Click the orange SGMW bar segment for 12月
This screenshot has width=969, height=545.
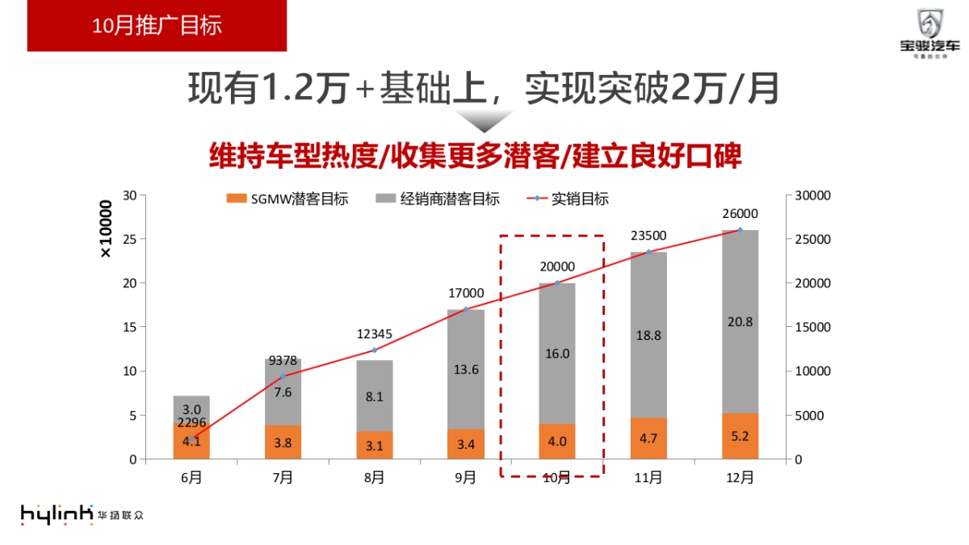(x=740, y=436)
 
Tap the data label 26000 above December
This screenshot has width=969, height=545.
(x=740, y=214)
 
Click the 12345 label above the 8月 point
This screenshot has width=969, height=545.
(x=374, y=333)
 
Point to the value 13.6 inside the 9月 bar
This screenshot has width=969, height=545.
(x=466, y=370)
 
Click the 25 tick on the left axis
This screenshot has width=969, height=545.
(x=129, y=239)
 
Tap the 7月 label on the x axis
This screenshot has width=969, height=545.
(x=283, y=477)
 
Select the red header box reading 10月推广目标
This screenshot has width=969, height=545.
(x=157, y=26)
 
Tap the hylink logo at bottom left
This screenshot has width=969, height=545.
(x=57, y=514)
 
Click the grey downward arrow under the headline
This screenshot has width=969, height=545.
(x=482, y=121)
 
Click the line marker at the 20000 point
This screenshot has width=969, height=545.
(x=557, y=283)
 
